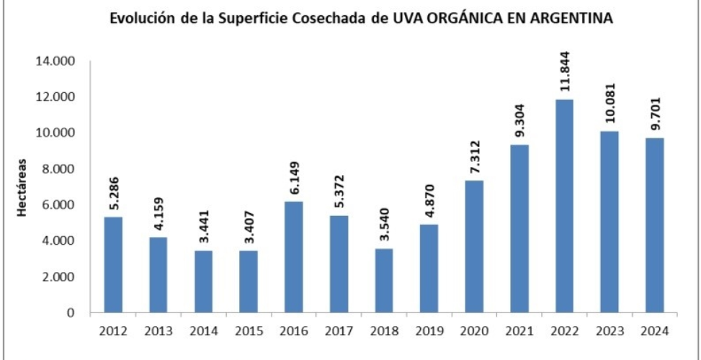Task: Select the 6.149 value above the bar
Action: pyautogui.click(x=293, y=175)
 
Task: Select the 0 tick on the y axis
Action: pyautogui.click(x=72, y=313)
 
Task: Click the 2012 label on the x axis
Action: pyautogui.click(x=114, y=331)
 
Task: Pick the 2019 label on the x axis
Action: pyautogui.click(x=429, y=331)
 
